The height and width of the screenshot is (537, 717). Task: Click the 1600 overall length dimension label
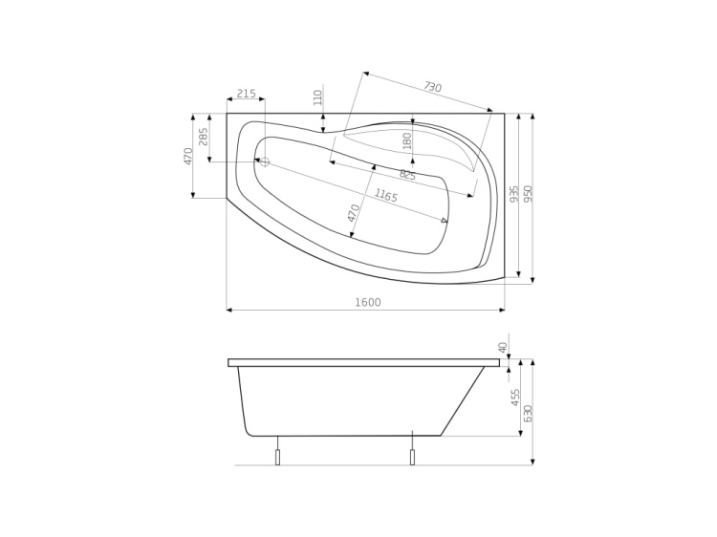pyautogui.click(x=368, y=303)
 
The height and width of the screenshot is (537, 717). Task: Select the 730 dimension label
pyautogui.click(x=432, y=88)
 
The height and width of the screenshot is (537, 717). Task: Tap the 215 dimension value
pyautogui.click(x=246, y=93)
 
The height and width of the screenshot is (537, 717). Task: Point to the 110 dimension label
pyautogui.click(x=318, y=97)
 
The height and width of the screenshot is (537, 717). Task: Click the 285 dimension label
pyautogui.click(x=203, y=137)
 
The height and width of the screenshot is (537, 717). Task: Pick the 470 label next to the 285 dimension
pyautogui.click(x=188, y=156)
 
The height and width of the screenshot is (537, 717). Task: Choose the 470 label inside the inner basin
pyautogui.click(x=355, y=213)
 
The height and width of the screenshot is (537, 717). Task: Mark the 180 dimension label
pyautogui.click(x=407, y=141)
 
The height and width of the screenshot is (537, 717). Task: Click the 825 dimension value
pyautogui.click(x=407, y=175)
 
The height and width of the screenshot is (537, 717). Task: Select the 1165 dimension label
pyautogui.click(x=386, y=196)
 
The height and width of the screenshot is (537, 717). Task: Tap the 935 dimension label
pyautogui.click(x=514, y=194)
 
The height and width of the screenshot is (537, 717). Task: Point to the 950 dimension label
pyautogui.click(x=528, y=194)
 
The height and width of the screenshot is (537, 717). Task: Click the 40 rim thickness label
pyautogui.click(x=503, y=347)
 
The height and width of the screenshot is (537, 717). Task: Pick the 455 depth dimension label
pyautogui.click(x=515, y=397)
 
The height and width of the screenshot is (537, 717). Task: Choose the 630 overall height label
pyautogui.click(x=528, y=414)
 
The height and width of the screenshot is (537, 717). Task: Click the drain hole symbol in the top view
pyautogui.click(x=265, y=161)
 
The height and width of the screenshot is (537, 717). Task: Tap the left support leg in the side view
pyautogui.click(x=278, y=456)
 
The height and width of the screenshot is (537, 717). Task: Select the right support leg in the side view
pyautogui.click(x=412, y=456)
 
